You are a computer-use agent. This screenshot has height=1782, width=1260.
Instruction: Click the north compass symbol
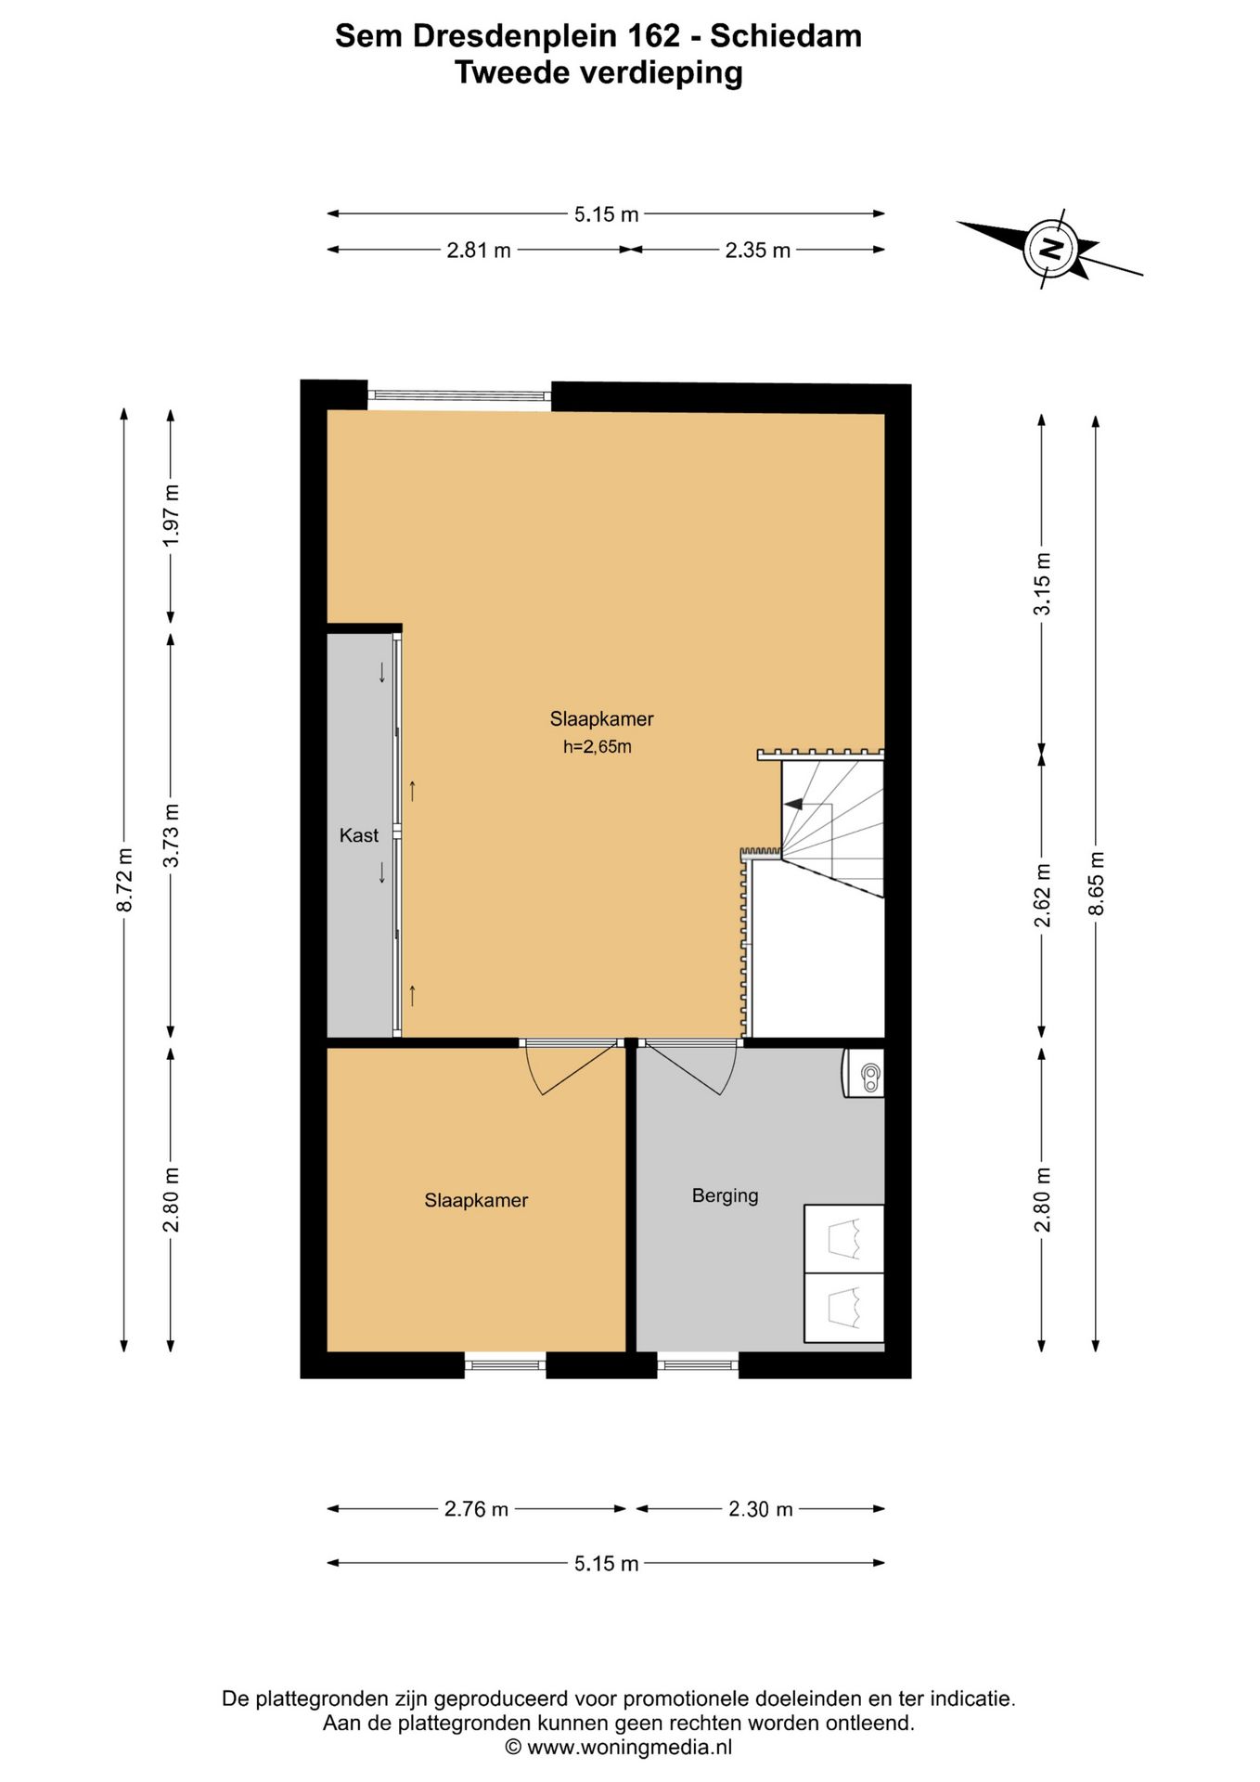(1049, 249)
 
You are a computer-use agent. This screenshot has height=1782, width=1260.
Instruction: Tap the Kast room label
(359, 835)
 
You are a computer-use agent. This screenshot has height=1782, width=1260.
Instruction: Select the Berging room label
(725, 1195)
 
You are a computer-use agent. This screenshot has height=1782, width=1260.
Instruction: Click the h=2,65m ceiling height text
(597, 746)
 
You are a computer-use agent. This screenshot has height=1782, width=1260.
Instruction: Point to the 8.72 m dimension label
(124, 879)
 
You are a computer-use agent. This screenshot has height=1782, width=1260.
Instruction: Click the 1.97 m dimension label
(172, 515)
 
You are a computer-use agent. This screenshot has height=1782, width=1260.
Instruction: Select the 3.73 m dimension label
(172, 835)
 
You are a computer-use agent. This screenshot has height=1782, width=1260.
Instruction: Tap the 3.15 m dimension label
(1043, 583)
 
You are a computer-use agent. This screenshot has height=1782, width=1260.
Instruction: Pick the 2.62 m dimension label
(1043, 895)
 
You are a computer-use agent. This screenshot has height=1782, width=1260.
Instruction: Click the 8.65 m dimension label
(1097, 883)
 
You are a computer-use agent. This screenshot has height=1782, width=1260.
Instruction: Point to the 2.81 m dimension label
(479, 250)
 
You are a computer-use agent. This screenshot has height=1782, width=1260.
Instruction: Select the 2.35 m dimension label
(758, 250)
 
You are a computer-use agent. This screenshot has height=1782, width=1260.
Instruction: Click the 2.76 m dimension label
(476, 1509)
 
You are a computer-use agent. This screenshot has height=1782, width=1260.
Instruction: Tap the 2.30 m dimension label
(761, 1509)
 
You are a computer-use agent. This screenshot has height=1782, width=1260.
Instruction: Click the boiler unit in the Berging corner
(864, 1074)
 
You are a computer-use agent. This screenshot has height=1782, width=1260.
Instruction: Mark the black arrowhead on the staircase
(793, 804)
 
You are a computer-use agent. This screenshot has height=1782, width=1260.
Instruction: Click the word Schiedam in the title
(786, 35)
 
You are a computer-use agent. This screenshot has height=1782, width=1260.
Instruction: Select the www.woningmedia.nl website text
(630, 1747)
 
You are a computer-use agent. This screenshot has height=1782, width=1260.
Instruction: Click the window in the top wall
(459, 395)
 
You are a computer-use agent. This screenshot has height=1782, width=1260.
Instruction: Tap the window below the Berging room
(698, 1364)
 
